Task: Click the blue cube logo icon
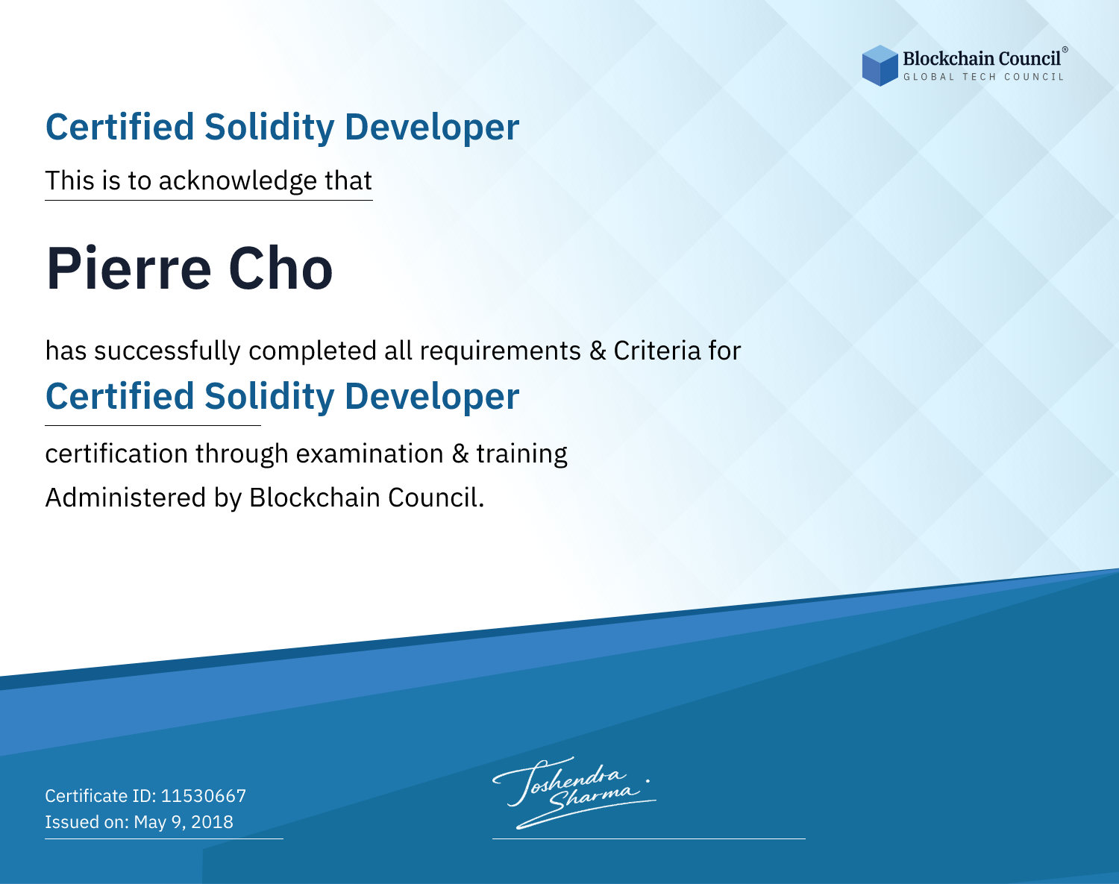[880, 66]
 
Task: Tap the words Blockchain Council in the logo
[981, 58]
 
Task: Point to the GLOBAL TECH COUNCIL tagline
[983, 77]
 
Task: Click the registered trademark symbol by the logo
[1065, 50]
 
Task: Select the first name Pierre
[128, 269]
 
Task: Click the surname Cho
[280, 269]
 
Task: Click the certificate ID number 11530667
[204, 795]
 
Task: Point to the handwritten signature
[574, 792]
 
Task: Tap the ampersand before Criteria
[598, 351]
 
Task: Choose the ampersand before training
[460, 454]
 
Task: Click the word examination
[370, 454]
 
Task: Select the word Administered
[126, 498]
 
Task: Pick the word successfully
[167, 351]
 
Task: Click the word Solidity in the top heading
[269, 128]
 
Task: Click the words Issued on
[87, 821]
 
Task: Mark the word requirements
[501, 351]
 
